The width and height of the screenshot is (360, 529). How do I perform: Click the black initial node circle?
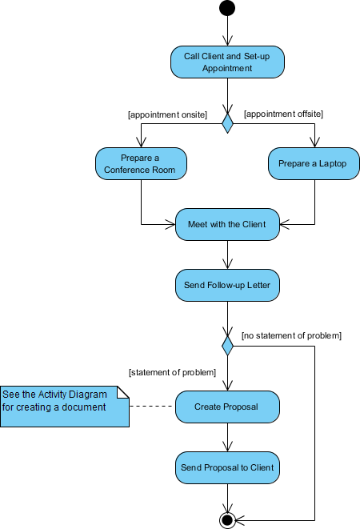click(x=227, y=9)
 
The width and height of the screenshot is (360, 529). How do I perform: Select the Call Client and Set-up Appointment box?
click(x=227, y=62)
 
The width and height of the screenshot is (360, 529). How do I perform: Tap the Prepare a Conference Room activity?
click(x=141, y=164)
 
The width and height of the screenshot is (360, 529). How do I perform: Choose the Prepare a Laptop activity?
click(x=314, y=164)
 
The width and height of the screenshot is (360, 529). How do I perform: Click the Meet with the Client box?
click(x=227, y=223)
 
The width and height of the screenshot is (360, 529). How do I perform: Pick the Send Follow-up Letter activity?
click(x=227, y=284)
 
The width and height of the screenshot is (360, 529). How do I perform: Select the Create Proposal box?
click(x=227, y=407)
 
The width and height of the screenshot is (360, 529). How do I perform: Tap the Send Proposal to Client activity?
click(x=227, y=467)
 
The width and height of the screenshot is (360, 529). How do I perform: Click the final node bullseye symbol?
click(x=227, y=519)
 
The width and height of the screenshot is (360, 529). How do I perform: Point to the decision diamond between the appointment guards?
click(x=227, y=122)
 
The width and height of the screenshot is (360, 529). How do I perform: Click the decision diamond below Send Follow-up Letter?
click(x=227, y=346)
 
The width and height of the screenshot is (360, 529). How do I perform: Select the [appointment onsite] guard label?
click(x=167, y=114)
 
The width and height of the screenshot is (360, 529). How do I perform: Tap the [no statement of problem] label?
click(x=291, y=335)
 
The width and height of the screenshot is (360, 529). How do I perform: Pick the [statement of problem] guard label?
click(x=172, y=372)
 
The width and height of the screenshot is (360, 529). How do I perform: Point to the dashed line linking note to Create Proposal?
click(x=152, y=407)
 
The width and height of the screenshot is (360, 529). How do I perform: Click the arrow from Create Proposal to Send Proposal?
click(x=227, y=437)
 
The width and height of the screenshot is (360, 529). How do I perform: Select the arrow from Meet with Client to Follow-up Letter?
click(x=227, y=254)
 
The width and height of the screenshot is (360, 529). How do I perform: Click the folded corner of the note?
click(x=123, y=391)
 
